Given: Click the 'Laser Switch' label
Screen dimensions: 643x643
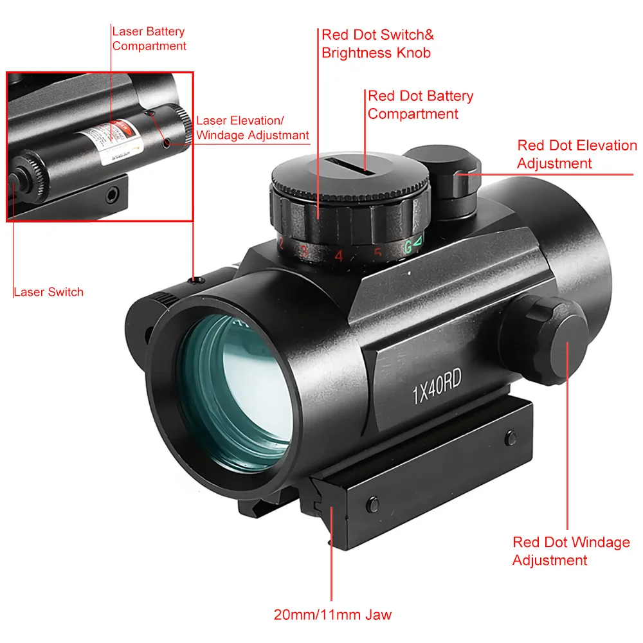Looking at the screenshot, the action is click(x=48, y=292).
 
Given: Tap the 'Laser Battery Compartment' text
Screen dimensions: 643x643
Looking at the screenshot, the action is click(x=149, y=39).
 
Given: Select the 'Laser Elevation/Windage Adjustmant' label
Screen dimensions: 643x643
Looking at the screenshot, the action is click(x=252, y=128).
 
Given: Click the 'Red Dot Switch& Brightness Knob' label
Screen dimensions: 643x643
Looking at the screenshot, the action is click(x=377, y=44).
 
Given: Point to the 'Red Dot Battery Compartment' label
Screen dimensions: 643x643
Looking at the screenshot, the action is click(x=420, y=105).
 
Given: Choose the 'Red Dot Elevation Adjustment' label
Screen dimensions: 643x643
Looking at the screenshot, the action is click(x=577, y=154).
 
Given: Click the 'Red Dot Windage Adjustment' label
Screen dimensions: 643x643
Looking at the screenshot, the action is click(x=571, y=551).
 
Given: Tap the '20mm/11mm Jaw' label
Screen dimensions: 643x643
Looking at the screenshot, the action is click(x=332, y=614).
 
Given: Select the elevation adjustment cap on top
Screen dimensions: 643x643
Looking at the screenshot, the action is click(x=440, y=170).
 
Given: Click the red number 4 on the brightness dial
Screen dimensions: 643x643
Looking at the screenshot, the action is click(x=338, y=256).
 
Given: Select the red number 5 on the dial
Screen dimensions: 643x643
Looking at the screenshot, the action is click(x=377, y=253).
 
